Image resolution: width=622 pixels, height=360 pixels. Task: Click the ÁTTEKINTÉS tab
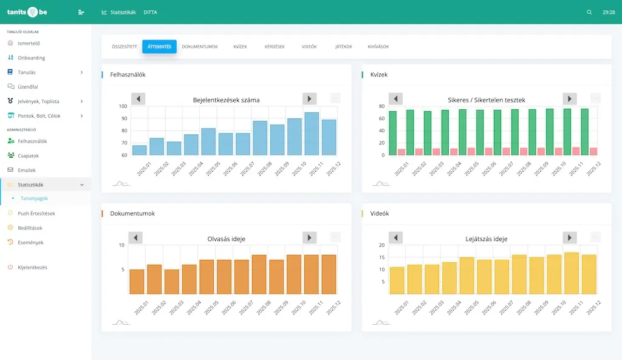pos(159,47)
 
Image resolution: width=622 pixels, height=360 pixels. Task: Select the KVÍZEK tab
pos(240,47)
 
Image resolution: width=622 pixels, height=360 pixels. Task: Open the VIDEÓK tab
pos(309,47)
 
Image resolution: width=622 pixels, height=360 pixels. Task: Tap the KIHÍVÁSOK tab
pos(378,47)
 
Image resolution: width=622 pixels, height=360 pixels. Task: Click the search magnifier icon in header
pos(589,12)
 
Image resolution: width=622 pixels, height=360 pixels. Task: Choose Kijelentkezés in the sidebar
pos(33,267)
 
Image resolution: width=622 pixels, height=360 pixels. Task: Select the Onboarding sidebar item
pos(32,58)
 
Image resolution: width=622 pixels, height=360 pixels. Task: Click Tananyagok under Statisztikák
pos(34,199)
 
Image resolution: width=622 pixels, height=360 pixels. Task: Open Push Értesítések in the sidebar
pos(36,214)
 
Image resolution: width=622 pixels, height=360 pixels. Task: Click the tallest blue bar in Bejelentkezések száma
pos(312,134)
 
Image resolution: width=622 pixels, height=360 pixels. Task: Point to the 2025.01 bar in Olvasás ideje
pos(137,282)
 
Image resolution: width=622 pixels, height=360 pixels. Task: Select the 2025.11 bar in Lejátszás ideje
pos(572,273)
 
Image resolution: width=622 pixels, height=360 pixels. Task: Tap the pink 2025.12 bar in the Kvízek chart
pos(593,151)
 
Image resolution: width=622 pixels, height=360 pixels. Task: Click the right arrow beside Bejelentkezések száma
pos(310,99)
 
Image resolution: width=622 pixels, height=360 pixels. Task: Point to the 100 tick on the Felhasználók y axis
pos(123,106)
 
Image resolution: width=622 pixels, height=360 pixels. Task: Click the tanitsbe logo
pos(27,12)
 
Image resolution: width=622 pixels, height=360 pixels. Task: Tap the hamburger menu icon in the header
pos(81,12)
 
